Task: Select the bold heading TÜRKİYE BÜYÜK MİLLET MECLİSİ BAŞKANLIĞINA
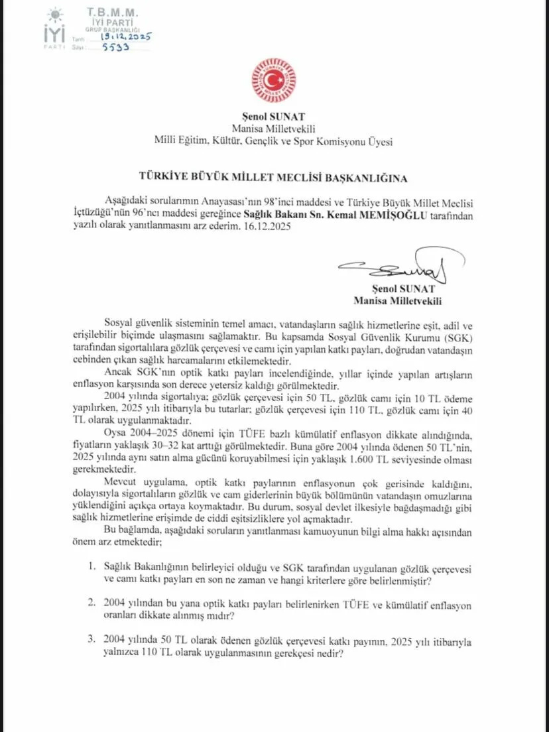[x=274, y=178]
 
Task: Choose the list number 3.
[x=92, y=640]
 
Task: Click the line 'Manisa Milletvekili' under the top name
[x=274, y=128]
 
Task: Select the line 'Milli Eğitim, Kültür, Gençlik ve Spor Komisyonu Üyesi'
[x=274, y=141]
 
